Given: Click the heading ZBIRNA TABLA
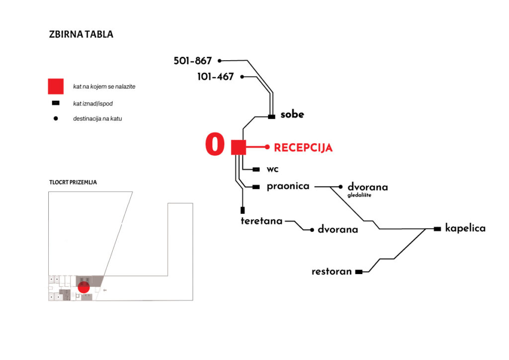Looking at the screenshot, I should coord(81,35).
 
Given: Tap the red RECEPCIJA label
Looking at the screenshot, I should coord(303,148).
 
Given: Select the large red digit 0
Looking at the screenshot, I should coord(215,145).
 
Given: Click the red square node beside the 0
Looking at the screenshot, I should coord(239,148).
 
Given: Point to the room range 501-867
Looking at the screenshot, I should coord(193,61).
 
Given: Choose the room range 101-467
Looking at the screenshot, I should coord(215,77).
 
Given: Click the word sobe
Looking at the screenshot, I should coord(292,115).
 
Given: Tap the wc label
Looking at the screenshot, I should coord(273,170).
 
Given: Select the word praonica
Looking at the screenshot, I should coord(288,186).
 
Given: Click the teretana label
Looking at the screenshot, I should coord(261,221).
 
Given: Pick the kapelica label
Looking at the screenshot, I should coord(465,229).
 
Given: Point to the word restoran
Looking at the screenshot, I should coord(332,272).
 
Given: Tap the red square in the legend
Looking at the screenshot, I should coord(56,87).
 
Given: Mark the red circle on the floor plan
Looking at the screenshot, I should coord(84,286).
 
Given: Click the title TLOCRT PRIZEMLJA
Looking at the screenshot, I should coord(73,182).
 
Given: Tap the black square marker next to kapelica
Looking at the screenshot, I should coord(437,229).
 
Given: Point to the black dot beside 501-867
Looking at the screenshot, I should coord(220,61).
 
